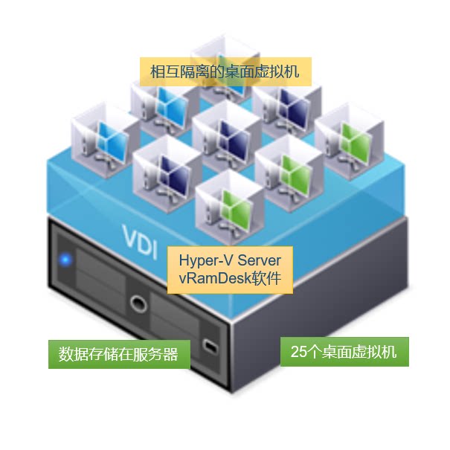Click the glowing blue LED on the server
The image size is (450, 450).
(65, 260)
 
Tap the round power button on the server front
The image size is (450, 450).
(138, 303)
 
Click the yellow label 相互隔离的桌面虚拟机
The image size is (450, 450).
(224, 72)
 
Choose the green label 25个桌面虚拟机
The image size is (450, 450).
(344, 351)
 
